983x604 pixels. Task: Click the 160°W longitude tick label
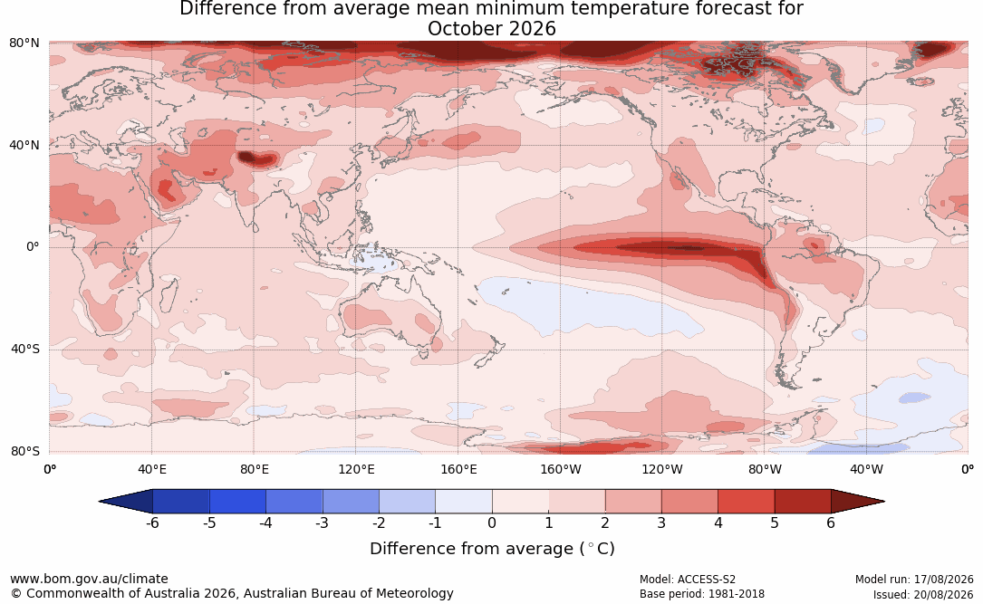point(561,469)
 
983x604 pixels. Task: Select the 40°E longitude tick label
point(151,469)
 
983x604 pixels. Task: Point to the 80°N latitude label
point(24,43)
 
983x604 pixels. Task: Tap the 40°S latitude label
point(25,349)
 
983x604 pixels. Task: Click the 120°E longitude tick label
point(356,469)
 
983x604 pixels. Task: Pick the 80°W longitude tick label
point(765,469)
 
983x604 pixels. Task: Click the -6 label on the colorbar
point(152,523)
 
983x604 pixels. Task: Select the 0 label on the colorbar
point(492,523)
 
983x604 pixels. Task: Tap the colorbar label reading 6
point(831,523)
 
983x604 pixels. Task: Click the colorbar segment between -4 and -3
point(294,502)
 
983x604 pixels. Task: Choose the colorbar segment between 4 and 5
point(746,502)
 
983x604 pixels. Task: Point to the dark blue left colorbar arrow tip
point(100,502)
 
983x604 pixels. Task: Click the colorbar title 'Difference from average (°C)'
point(492,549)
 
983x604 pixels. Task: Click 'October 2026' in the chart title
point(491,29)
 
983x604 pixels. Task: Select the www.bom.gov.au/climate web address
point(89,579)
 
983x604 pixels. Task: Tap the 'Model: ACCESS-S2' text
point(687,580)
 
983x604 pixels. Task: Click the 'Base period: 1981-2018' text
point(701,593)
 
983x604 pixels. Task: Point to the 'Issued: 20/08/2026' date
point(923,594)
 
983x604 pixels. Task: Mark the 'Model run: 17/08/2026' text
point(914,580)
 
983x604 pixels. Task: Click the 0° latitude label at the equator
point(33,247)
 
